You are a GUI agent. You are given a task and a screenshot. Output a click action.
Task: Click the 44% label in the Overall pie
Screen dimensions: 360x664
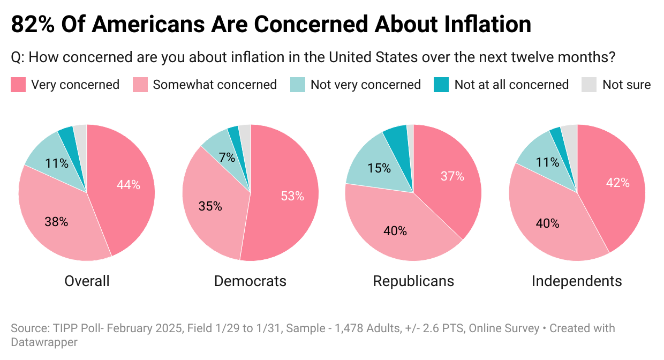pyautogui.click(x=129, y=185)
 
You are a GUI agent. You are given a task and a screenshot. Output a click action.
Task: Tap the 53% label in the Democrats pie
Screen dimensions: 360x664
pyautogui.click(x=292, y=196)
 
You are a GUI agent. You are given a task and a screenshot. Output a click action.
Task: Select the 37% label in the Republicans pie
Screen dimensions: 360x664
pyautogui.click(x=452, y=176)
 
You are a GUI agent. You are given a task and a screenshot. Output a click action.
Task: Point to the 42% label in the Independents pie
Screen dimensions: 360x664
pyautogui.click(x=618, y=183)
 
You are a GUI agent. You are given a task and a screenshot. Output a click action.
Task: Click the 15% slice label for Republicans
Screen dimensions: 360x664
pyautogui.click(x=379, y=168)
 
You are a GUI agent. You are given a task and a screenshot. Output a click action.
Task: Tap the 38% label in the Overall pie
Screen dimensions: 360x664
pyautogui.click(x=56, y=221)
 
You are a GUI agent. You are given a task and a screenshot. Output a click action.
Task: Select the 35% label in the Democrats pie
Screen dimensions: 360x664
pyautogui.click(x=210, y=206)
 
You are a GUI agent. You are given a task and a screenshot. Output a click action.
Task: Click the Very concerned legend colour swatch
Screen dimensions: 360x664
pyautogui.click(x=18, y=85)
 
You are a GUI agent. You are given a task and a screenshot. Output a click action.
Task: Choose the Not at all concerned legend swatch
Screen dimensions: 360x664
pyautogui.click(x=441, y=85)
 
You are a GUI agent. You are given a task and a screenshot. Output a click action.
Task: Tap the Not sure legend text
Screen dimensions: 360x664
pyautogui.click(x=627, y=85)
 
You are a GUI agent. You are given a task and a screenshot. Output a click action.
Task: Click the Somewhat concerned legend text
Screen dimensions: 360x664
pyautogui.click(x=215, y=85)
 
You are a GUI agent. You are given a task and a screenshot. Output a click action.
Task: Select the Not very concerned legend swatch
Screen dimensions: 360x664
pyautogui.click(x=298, y=85)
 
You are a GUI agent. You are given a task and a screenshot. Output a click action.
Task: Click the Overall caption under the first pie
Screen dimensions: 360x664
pyautogui.click(x=87, y=281)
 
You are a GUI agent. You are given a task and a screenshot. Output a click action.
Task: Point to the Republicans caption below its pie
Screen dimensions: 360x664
pyautogui.click(x=413, y=281)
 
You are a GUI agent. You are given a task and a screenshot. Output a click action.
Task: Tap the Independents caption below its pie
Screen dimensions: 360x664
pyautogui.click(x=577, y=281)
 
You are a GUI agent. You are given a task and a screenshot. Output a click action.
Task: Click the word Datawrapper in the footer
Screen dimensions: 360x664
pyautogui.click(x=44, y=342)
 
